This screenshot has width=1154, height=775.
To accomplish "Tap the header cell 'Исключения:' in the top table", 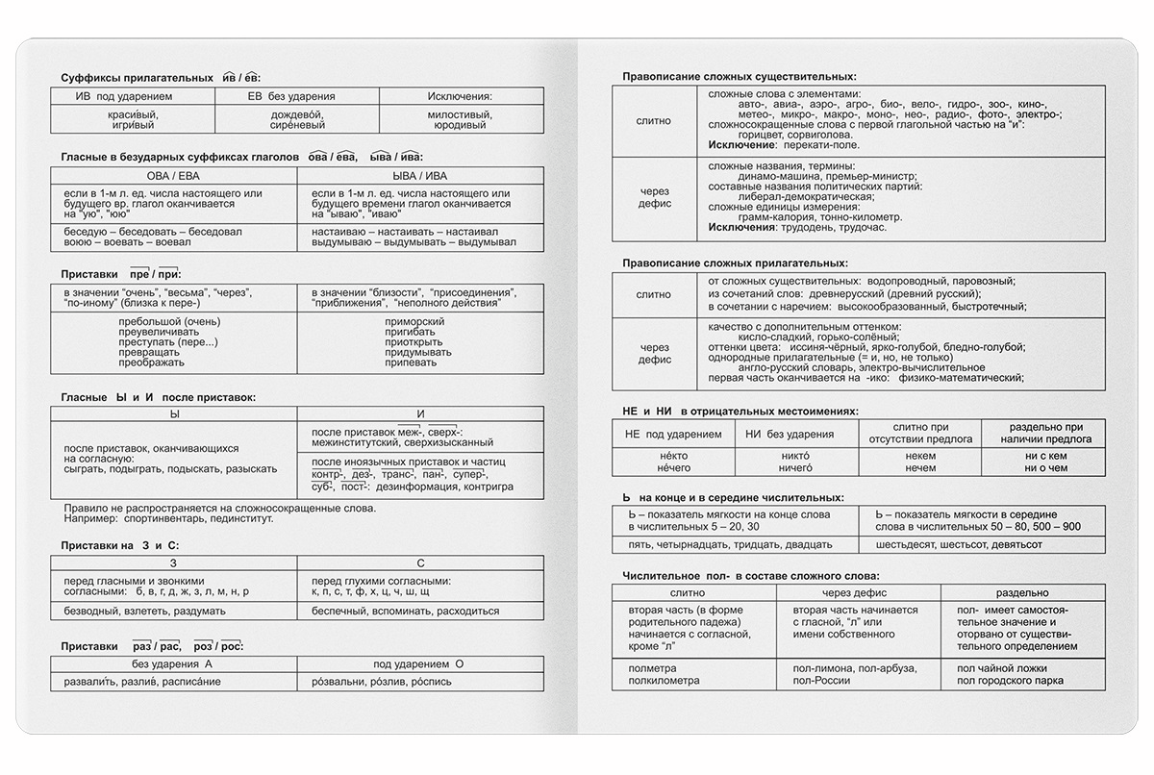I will click(x=459, y=96).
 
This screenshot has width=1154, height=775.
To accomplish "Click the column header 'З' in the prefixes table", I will click(x=173, y=562).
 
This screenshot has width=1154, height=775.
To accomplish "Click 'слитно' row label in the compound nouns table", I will click(x=654, y=120).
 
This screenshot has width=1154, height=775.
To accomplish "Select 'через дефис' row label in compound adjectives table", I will click(x=654, y=351).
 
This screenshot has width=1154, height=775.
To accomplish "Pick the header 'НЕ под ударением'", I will click(x=672, y=435).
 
